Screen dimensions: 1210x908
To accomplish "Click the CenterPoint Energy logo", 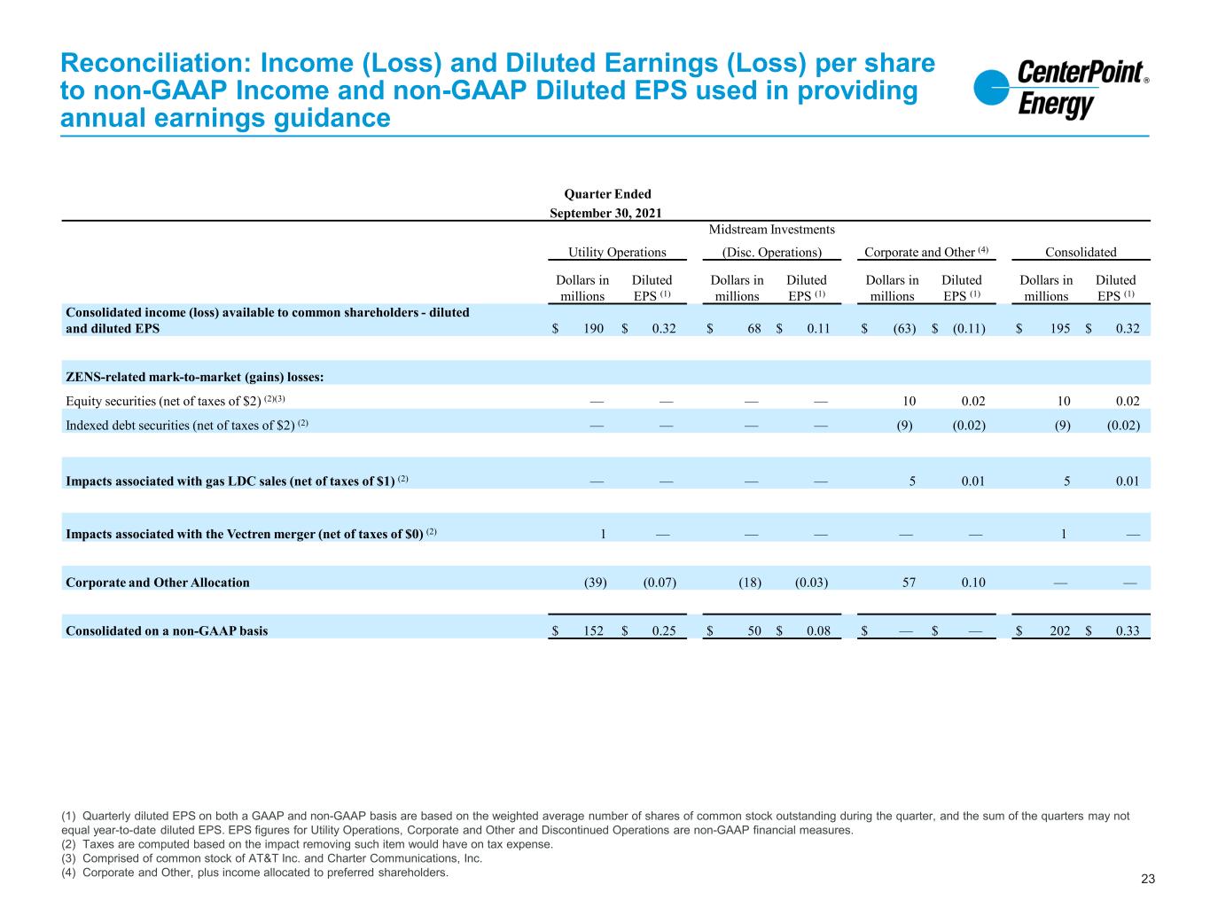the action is click(1060, 88).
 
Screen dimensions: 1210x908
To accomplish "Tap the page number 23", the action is click(1147, 879).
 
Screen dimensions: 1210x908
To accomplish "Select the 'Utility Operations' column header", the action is click(617, 252).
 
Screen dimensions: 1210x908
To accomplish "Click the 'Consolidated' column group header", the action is click(1081, 252).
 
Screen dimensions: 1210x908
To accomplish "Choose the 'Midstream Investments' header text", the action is click(771, 230).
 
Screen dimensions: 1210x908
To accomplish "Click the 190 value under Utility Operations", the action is click(593, 329).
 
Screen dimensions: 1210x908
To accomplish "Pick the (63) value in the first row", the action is click(904, 329).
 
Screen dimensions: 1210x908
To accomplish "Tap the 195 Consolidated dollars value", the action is click(1059, 329).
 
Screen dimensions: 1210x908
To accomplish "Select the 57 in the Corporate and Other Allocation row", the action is click(909, 583).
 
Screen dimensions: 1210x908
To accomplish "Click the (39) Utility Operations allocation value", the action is click(595, 583).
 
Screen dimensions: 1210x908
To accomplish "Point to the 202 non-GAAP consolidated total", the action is click(1059, 630).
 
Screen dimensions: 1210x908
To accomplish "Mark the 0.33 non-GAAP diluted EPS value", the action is click(1128, 630).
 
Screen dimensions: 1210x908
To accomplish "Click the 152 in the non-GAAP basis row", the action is click(593, 630).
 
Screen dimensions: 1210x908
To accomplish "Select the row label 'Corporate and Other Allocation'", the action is click(157, 583).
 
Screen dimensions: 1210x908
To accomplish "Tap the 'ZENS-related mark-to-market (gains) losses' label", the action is click(195, 377).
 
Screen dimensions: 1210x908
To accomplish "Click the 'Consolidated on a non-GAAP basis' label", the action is click(167, 630).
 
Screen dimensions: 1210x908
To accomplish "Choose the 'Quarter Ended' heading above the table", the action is click(607, 194).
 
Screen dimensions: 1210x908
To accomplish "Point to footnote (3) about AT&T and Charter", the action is click(272, 857).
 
